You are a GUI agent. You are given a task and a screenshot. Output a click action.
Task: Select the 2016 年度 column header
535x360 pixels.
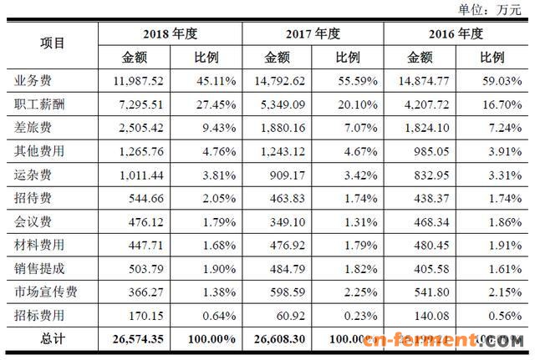click(457, 34)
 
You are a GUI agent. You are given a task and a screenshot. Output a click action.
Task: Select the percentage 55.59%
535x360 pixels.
click(349, 81)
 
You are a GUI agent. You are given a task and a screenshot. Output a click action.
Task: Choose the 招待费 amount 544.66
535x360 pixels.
click(141, 200)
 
